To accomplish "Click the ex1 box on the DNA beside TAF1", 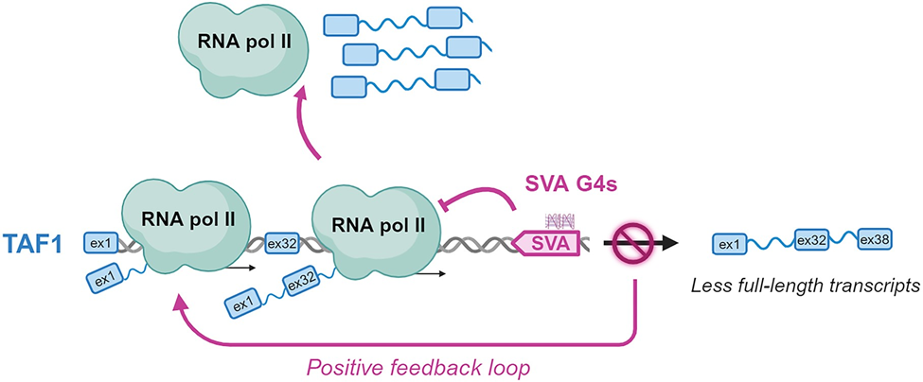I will pos(100,243).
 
